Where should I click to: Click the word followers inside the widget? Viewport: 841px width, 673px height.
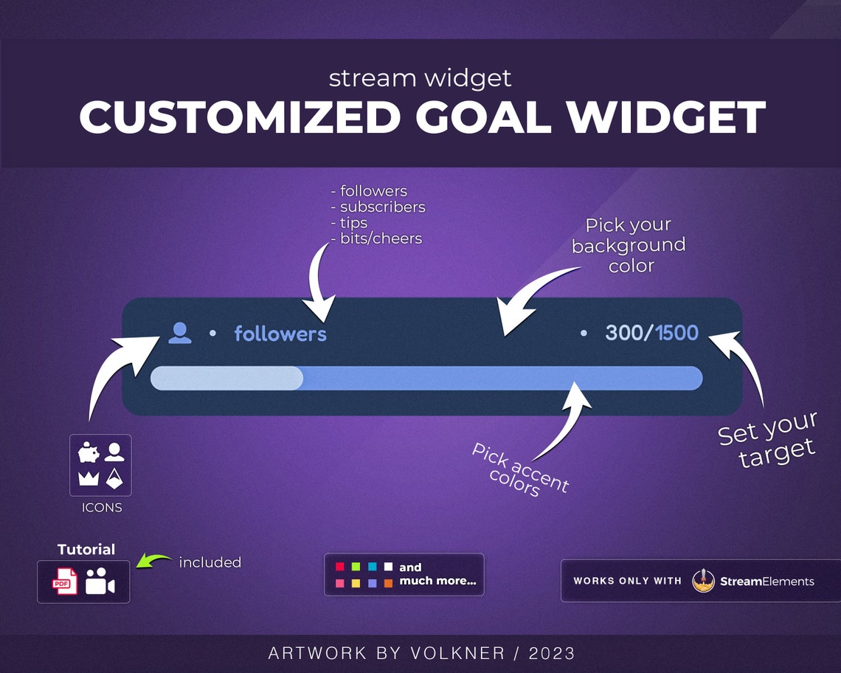click(280, 334)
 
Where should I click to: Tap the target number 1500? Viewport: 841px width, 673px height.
click(676, 333)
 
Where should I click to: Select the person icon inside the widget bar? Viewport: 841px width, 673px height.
click(179, 333)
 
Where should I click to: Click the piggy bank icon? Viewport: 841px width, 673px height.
click(89, 452)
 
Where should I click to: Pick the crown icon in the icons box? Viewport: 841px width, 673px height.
click(89, 478)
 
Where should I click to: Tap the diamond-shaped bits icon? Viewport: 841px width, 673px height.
click(114, 477)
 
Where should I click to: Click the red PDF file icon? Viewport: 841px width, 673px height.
click(64, 581)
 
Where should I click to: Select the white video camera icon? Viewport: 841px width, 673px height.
click(100, 581)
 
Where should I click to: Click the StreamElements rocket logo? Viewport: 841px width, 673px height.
click(704, 581)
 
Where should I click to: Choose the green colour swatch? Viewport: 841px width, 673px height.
click(356, 567)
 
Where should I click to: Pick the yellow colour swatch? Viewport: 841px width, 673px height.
click(356, 583)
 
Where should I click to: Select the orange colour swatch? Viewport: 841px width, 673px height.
click(388, 583)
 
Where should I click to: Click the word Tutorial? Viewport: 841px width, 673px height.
click(86, 549)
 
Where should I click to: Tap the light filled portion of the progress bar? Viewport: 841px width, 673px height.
click(226, 378)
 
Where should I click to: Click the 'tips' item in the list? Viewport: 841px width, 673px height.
click(353, 223)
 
